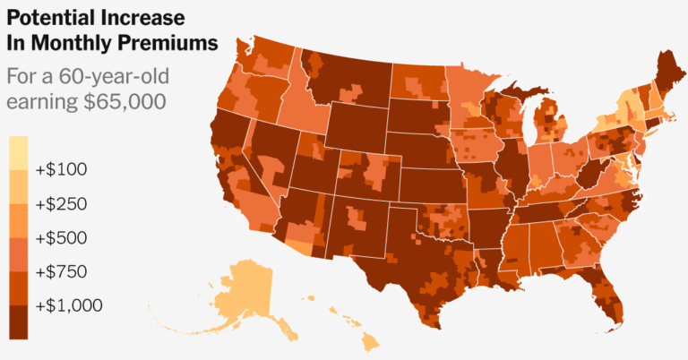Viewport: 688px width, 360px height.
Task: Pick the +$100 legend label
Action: point(61,169)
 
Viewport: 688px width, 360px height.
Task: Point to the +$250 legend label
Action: point(61,203)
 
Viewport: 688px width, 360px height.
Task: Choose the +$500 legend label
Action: point(61,237)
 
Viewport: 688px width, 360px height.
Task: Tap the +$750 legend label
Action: point(61,271)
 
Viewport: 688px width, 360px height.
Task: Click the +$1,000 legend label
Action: point(69,305)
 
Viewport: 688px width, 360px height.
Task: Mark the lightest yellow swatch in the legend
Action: point(18,151)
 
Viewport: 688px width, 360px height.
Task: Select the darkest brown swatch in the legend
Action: point(18,321)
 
